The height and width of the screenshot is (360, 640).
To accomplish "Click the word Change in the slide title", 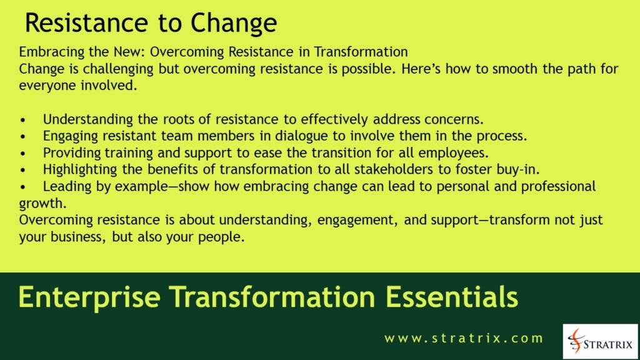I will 234,24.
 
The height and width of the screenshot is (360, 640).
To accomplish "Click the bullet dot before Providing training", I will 24,153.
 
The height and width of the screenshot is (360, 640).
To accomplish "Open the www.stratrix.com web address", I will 464,339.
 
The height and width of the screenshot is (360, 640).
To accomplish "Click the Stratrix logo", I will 600,341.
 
